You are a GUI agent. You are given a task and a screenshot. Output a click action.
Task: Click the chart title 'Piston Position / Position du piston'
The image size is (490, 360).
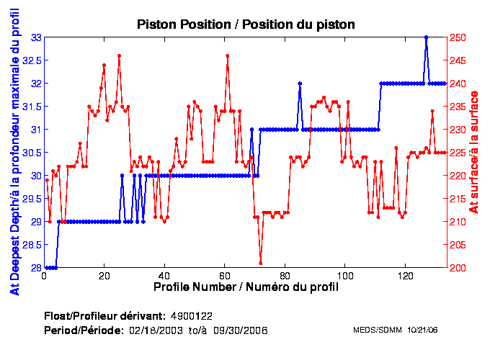[x=246, y=24]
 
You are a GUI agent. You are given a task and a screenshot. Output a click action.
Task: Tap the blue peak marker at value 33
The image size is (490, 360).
[x=427, y=37]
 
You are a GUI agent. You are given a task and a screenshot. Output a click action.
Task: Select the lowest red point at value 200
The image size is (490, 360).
[x=261, y=263]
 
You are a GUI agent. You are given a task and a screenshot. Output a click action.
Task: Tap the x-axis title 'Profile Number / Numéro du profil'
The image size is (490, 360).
[x=246, y=287]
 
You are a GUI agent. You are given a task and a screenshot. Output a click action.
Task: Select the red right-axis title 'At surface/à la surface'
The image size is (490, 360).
[x=473, y=152]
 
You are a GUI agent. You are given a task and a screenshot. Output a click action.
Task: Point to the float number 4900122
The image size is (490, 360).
[x=191, y=316]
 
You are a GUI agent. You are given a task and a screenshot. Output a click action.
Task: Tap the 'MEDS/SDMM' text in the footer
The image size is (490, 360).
[x=375, y=330]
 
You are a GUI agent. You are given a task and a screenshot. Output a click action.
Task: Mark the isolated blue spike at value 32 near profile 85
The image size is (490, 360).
[x=300, y=84]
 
